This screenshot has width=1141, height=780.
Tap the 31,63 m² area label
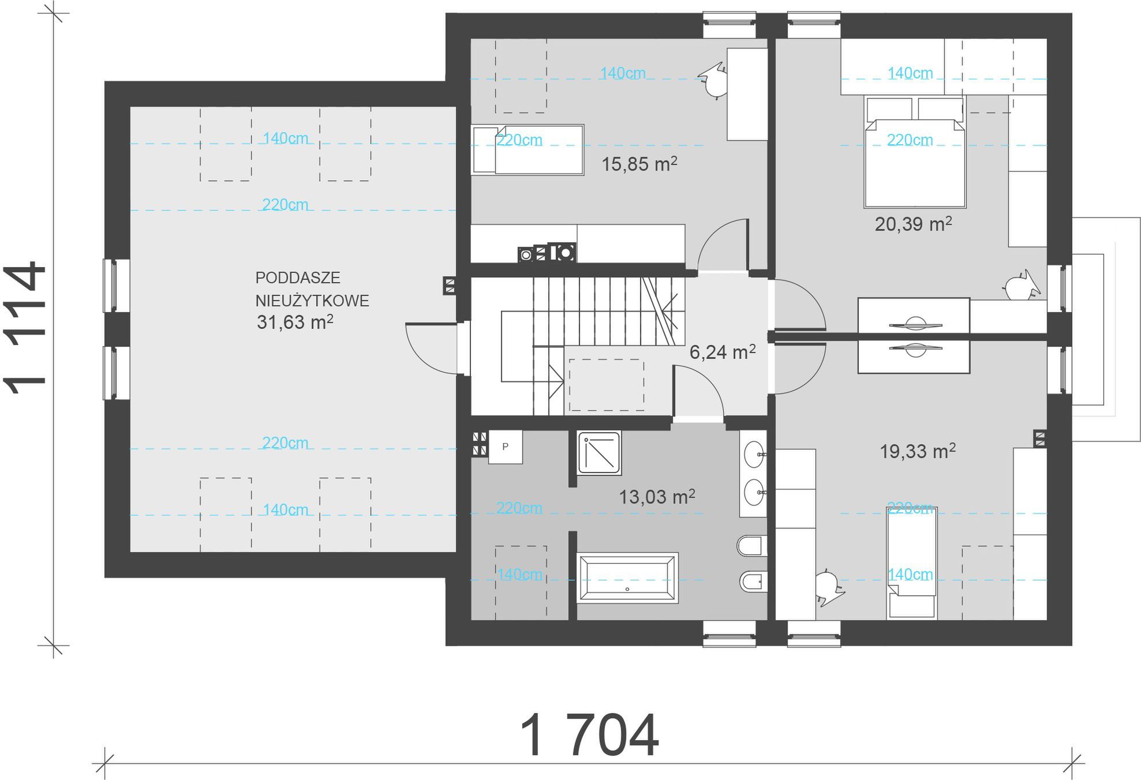(295, 322)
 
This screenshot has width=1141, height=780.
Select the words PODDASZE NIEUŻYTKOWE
(312, 289)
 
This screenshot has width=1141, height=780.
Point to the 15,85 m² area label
(639, 164)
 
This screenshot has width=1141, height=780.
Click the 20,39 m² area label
(913, 224)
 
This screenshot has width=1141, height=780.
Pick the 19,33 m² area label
(918, 451)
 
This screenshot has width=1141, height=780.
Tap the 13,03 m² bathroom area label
(657, 497)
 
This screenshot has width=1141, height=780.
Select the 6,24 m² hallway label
(723, 352)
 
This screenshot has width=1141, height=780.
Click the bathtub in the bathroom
(627, 578)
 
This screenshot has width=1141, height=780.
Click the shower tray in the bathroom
(600, 453)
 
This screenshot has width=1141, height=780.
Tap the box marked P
(506, 447)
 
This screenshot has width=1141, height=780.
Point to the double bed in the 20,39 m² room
(915, 152)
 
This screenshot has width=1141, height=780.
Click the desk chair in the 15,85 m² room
(713, 81)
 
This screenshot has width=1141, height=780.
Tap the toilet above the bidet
(752, 546)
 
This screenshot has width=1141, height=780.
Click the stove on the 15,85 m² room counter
(547, 253)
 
